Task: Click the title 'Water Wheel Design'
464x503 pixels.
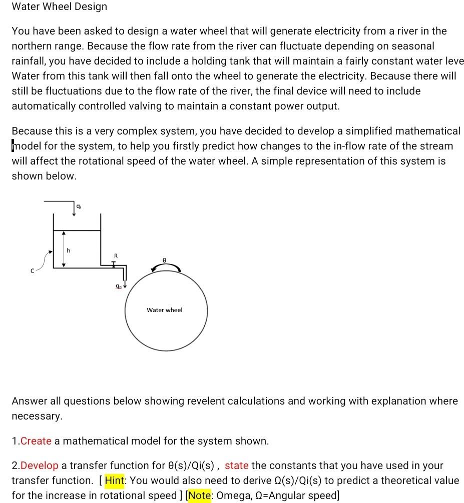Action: [59, 7]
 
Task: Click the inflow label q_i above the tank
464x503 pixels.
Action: [79, 206]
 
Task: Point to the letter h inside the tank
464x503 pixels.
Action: [69, 250]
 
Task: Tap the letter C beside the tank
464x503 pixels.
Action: [32, 270]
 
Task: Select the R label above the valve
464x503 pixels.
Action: [116, 256]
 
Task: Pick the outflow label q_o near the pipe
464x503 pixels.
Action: [118, 286]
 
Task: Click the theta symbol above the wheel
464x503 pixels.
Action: [164, 260]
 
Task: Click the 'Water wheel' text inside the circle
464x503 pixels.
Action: [165, 310]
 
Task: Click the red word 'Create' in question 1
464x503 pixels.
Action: [36, 441]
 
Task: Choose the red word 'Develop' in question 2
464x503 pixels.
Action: [40, 465]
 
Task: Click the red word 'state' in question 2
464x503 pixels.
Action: [236, 465]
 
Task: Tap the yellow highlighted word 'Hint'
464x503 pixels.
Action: [115, 480]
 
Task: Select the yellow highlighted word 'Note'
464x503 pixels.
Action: [200, 495]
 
